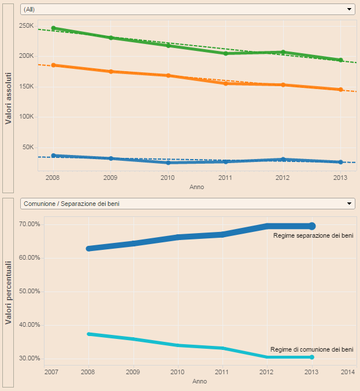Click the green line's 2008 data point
click(x=53, y=28)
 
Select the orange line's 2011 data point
click(x=225, y=84)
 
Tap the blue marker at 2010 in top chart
click(x=168, y=163)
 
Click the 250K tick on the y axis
click(x=27, y=26)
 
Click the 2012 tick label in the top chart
click(x=283, y=178)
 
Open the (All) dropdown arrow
click(x=349, y=9)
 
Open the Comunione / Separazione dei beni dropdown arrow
click(x=349, y=204)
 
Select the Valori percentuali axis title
click(x=8, y=292)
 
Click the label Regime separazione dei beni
click(x=313, y=235)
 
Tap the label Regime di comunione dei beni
click(x=311, y=349)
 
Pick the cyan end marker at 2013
click(x=312, y=357)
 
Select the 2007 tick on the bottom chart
click(x=51, y=371)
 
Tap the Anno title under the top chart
click(x=196, y=187)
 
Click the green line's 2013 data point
click(x=340, y=60)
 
